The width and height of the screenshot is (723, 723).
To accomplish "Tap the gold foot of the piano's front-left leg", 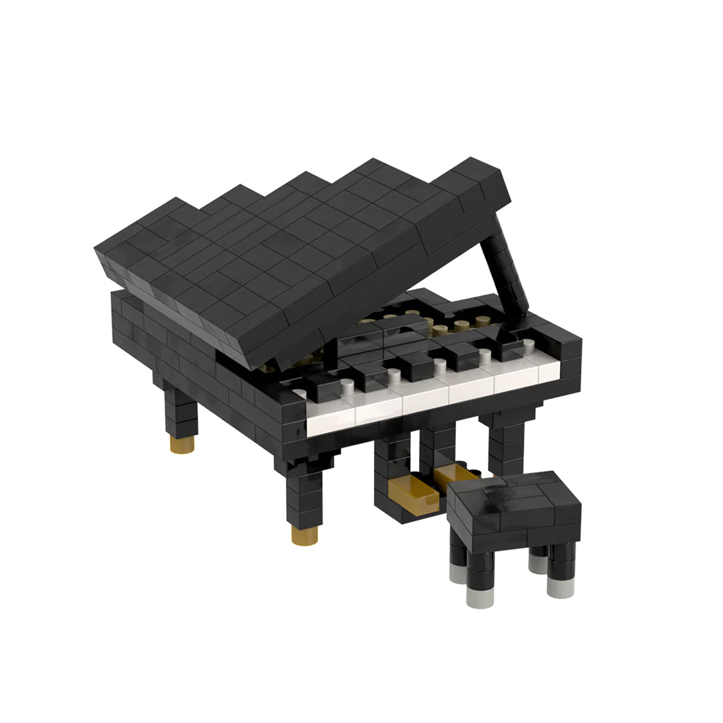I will tap(304, 534).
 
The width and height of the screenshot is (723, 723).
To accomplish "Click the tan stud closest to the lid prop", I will tap(483, 321).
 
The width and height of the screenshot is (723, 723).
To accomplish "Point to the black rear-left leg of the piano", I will tap(181, 413).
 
